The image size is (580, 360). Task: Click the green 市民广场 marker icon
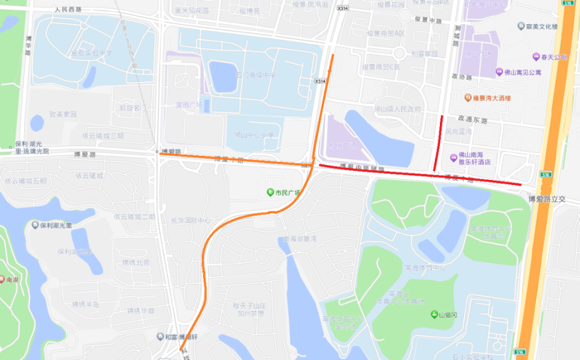point(271,193)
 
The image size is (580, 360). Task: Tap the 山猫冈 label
point(449,315)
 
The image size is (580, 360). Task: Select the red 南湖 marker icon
point(2,280)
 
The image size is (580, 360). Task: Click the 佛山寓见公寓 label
point(523,72)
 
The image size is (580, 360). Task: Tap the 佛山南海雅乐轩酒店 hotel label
point(474,158)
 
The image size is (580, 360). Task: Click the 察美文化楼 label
point(541,27)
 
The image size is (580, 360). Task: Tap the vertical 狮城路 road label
point(456,36)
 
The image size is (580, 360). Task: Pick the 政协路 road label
point(461,77)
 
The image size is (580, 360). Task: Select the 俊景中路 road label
point(430,19)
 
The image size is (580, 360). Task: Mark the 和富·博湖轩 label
point(181,337)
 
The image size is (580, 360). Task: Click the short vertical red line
point(439,143)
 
